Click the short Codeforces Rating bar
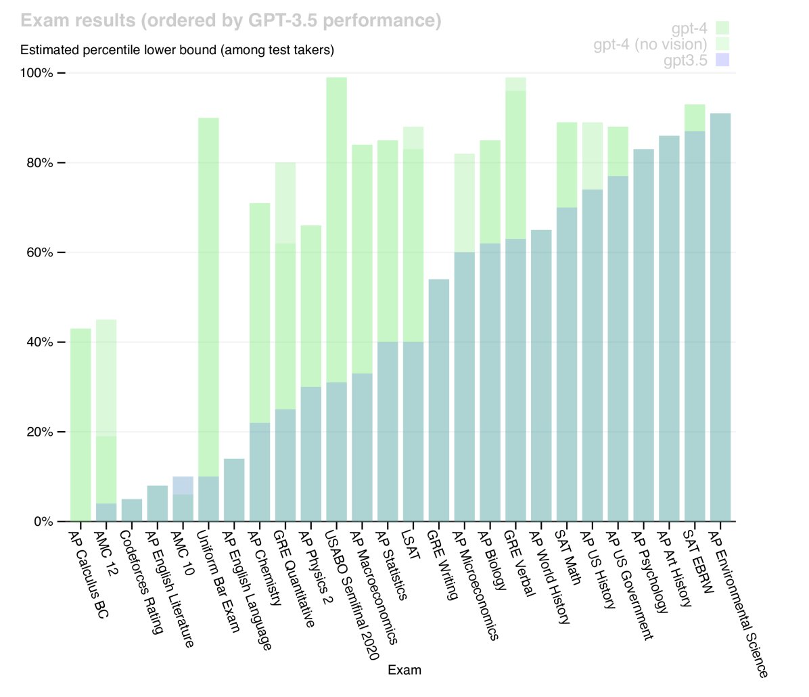[132, 510]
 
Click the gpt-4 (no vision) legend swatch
[722, 44]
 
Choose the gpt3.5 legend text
[685, 60]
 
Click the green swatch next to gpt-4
[722, 28]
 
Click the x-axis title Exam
[405, 670]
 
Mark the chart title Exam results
[231, 21]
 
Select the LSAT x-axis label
[411, 545]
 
